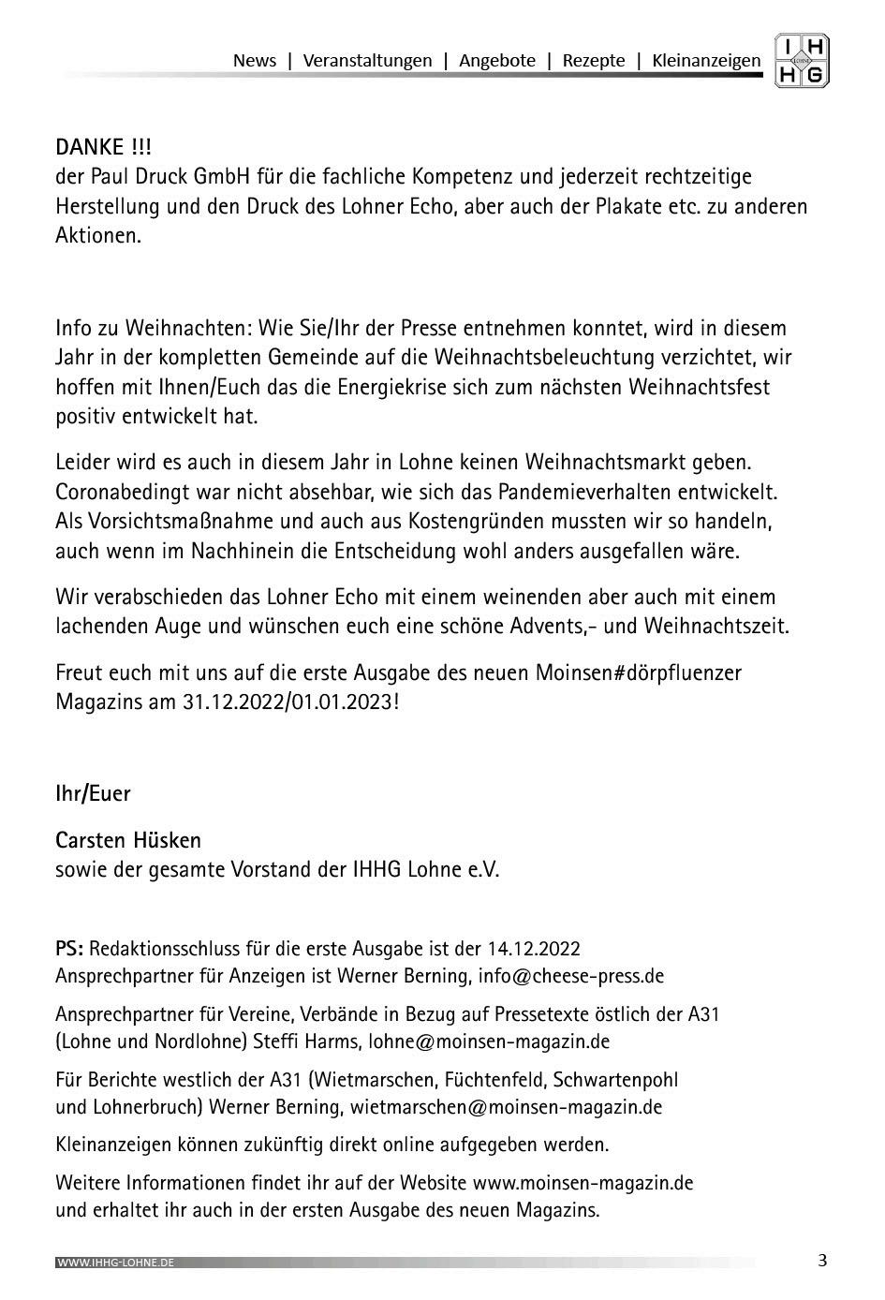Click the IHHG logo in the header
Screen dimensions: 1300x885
click(802, 62)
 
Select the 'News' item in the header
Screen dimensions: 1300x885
click(255, 61)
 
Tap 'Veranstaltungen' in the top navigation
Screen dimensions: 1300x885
click(368, 61)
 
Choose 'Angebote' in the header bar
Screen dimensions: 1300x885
click(497, 61)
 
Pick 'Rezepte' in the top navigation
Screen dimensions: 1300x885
click(594, 61)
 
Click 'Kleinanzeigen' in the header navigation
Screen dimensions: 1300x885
click(706, 61)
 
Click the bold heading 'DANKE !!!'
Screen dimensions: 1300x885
click(103, 147)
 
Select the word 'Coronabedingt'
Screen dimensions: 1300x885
click(120, 492)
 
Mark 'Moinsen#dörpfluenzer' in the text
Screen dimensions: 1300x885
click(638, 672)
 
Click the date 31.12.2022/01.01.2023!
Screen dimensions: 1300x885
click(291, 702)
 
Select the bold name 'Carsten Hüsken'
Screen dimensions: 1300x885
click(128, 840)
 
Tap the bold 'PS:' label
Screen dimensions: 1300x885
click(70, 948)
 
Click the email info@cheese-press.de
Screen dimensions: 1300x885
click(570, 976)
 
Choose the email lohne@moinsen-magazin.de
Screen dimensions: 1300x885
click(489, 1041)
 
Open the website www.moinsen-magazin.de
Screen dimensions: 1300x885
click(583, 1182)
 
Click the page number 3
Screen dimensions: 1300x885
click(822, 1261)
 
